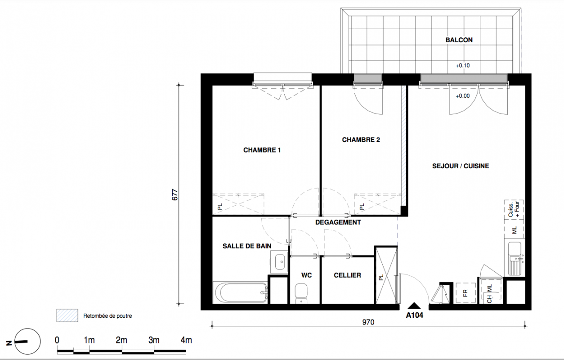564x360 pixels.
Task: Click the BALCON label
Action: pyautogui.click(x=459, y=40)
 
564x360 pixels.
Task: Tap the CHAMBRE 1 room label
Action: pyautogui.click(x=262, y=150)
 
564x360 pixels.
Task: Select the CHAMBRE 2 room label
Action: pyautogui.click(x=361, y=140)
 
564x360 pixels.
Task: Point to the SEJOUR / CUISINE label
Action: pyautogui.click(x=461, y=166)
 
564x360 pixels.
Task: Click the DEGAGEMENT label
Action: pyautogui.click(x=338, y=222)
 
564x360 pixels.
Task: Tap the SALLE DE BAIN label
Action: pyautogui.click(x=247, y=246)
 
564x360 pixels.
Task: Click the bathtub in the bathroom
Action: pyautogui.click(x=240, y=292)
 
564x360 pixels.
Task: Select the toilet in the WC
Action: pyautogui.click(x=301, y=293)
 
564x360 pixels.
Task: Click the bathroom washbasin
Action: pyautogui.click(x=279, y=262)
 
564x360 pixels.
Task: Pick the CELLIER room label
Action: pyautogui.click(x=348, y=275)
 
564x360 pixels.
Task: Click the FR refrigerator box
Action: pyautogui.click(x=466, y=293)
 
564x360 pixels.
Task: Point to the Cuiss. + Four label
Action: pyautogui.click(x=514, y=209)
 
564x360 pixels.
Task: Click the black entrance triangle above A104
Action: pyautogui.click(x=414, y=306)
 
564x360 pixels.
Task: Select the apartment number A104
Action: pyautogui.click(x=414, y=315)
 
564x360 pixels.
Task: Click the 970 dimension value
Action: pyautogui.click(x=368, y=322)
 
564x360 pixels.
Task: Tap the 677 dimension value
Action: pyautogui.click(x=175, y=195)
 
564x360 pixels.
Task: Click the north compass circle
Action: pyautogui.click(x=27, y=342)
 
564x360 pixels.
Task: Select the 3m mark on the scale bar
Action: pyautogui.click(x=154, y=340)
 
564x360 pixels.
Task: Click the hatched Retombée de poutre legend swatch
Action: pyautogui.click(x=67, y=315)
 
